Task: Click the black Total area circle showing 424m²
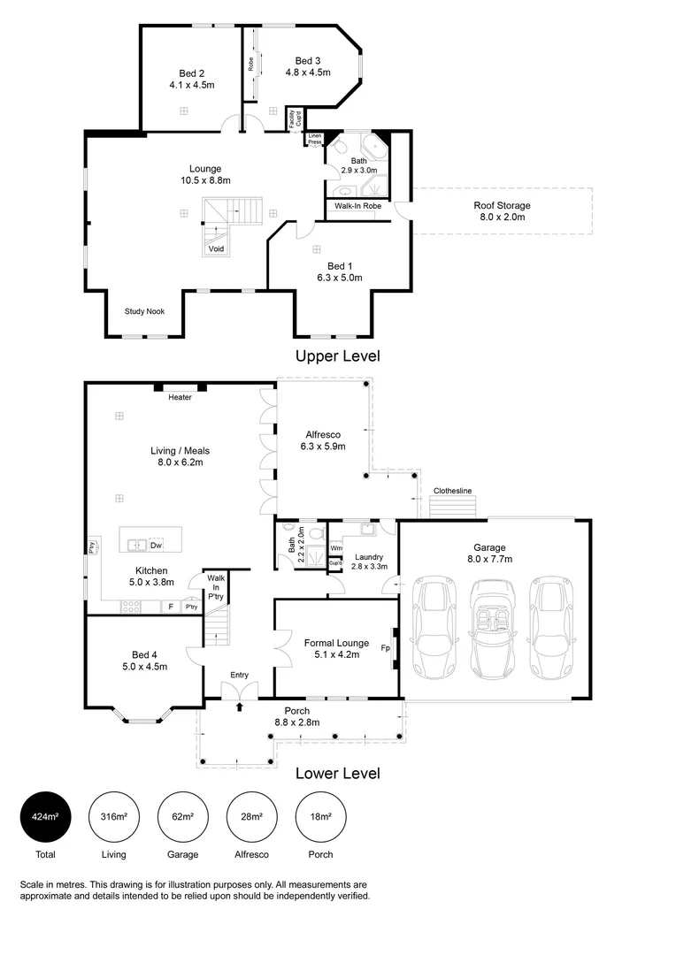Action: [45, 816]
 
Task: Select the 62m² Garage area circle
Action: [183, 816]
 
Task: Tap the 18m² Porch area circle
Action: [321, 816]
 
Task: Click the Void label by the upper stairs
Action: [216, 248]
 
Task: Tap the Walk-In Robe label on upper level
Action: [357, 205]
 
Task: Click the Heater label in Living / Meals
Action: [181, 397]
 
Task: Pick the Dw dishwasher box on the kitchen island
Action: [156, 544]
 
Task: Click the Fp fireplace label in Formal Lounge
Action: [386, 647]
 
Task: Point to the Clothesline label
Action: [452, 491]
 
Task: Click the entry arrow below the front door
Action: [239, 706]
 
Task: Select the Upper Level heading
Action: [337, 356]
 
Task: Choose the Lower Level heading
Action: [337, 773]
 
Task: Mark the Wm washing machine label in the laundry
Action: [336, 548]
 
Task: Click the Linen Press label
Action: [315, 139]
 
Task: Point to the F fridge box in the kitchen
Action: [170, 607]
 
